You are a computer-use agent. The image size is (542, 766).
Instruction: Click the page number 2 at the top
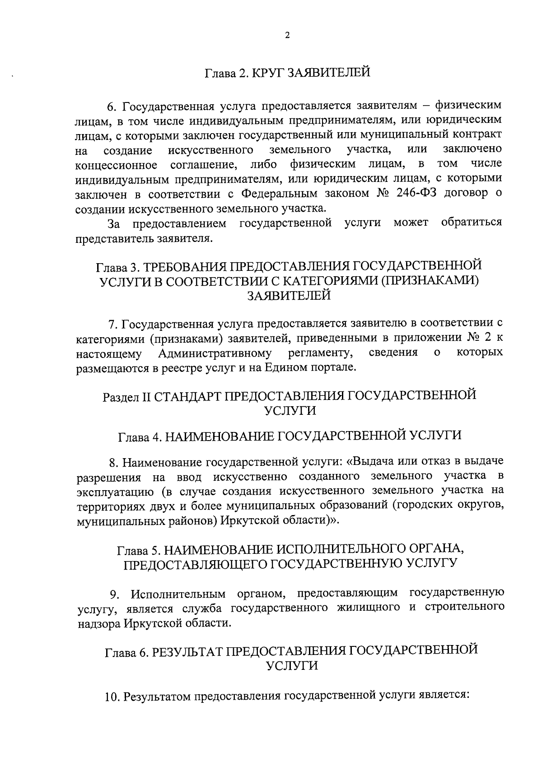pos(287,37)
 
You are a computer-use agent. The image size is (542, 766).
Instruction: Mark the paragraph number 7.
pos(112,324)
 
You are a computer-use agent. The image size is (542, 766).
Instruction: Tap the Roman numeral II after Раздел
pos(145,396)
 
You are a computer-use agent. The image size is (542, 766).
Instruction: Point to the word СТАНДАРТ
pos(189,396)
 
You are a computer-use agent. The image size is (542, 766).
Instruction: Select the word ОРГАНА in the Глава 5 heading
pos(429,550)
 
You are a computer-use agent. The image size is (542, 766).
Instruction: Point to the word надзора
pos(98,623)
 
